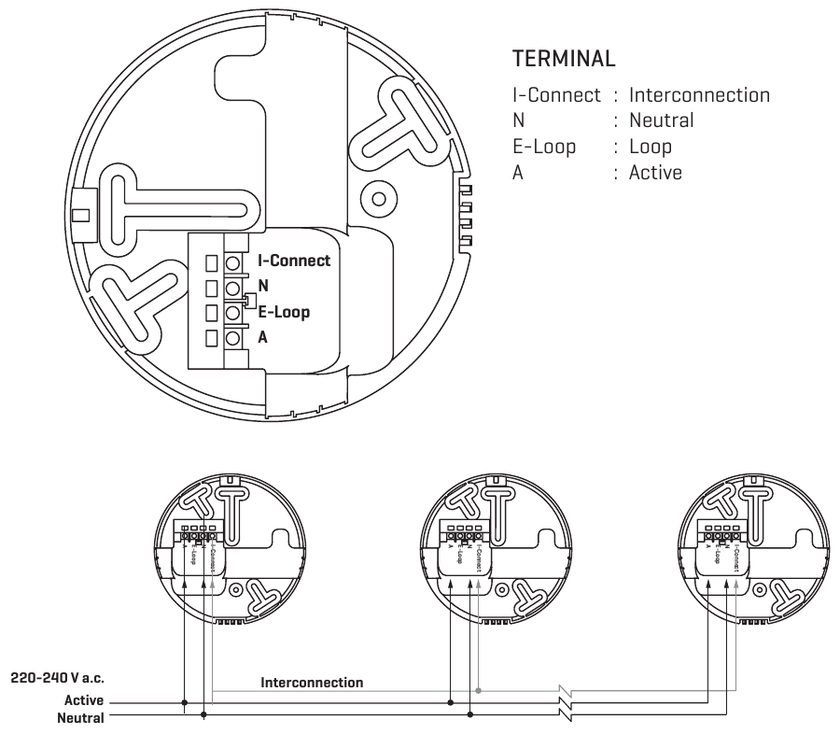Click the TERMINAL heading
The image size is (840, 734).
pos(564,58)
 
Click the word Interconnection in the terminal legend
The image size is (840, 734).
pos(699,95)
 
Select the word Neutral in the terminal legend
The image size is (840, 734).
pos(662,120)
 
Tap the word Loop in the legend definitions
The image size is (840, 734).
pos(651,147)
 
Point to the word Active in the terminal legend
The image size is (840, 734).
pos(655,173)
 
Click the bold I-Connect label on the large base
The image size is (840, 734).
pos(293,261)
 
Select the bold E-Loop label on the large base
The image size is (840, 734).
pos(284,312)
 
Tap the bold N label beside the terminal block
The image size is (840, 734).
pos(263,287)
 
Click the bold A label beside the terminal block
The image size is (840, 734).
pos(262,337)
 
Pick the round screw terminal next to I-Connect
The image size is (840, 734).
pos(233,261)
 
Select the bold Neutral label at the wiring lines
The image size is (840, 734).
pos(81,717)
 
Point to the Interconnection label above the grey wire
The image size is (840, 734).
pos(313,683)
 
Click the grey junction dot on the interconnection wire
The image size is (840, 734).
pos(479,691)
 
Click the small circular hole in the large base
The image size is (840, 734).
pos(379,198)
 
